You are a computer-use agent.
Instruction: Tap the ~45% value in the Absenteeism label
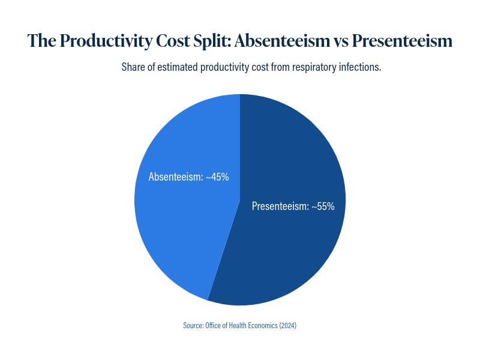(217, 177)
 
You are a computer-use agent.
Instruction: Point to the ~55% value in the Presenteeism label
(323, 206)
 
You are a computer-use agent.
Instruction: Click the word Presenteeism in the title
(401, 41)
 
